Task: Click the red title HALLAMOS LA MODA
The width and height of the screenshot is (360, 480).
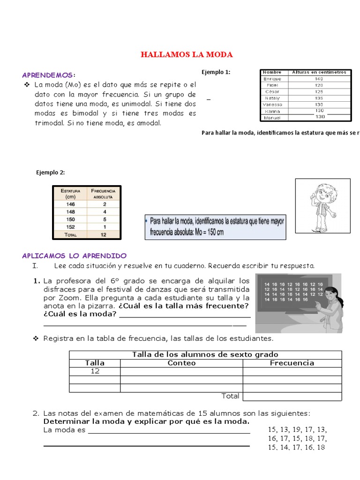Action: pos(187,55)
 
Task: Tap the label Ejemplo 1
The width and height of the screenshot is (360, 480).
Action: pos(216,72)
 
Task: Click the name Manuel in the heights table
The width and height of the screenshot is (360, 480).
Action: pos(272,117)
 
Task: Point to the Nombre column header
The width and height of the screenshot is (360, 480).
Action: pos(272,72)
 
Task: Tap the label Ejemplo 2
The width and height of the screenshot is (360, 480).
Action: pos(51,172)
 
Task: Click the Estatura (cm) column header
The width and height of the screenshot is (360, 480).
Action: pos(70,194)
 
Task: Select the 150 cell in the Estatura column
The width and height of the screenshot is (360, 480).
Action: pos(70,219)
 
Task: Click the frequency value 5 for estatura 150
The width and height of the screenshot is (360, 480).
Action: pos(105,219)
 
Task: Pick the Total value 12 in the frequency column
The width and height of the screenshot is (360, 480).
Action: pos(105,234)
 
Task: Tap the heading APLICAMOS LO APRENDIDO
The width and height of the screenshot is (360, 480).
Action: pos(74,255)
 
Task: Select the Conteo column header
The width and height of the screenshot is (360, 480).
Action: pos(181,363)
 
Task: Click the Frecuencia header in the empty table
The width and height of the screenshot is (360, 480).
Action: pos(292,363)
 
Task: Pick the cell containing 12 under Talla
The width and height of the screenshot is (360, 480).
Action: pos(95,371)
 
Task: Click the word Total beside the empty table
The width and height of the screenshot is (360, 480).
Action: pos(230,396)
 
